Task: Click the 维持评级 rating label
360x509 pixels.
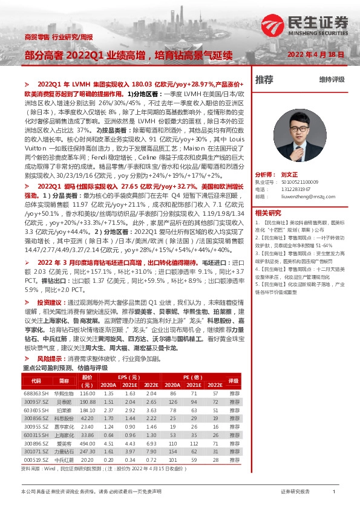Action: point(332,80)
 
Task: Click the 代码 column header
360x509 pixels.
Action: point(36,381)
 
